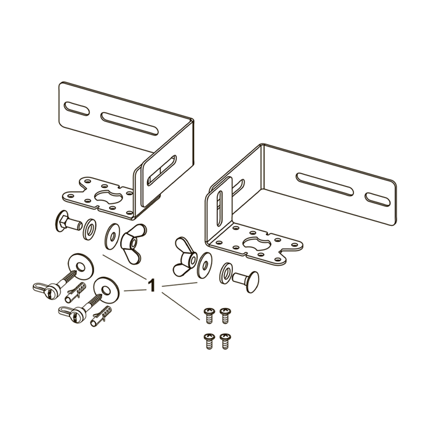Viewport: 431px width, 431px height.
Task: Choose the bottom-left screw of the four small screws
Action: [208, 340]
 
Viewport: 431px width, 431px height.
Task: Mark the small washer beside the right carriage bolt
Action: [226, 272]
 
